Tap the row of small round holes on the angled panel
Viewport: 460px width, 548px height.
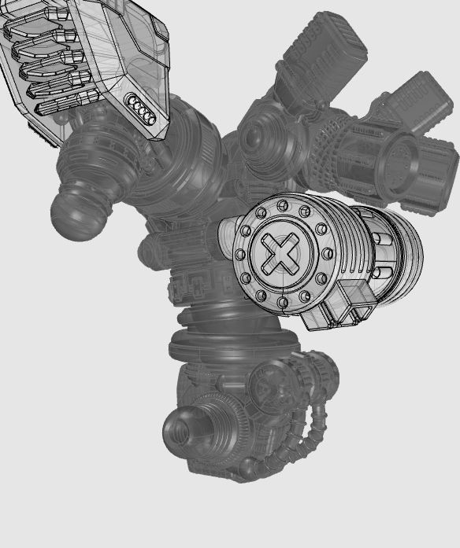point(142,108)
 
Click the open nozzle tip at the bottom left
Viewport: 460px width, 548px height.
point(180,431)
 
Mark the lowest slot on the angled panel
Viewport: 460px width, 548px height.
point(59,106)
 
